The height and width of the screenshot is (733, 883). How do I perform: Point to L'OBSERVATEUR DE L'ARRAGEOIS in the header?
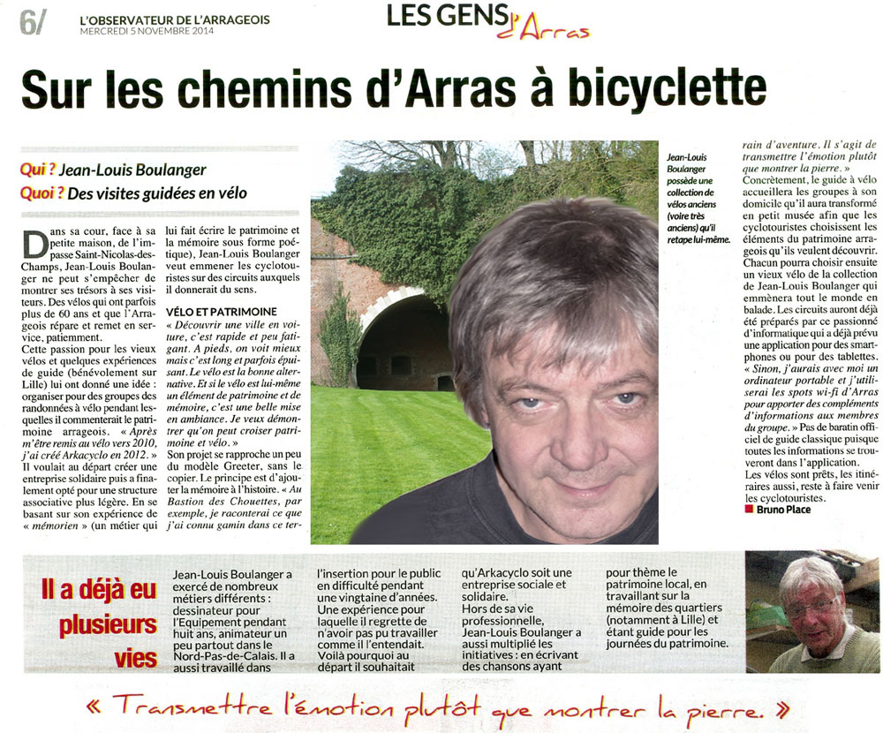pyautogui.click(x=174, y=19)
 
